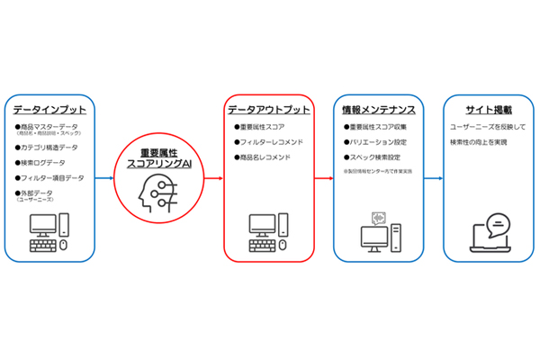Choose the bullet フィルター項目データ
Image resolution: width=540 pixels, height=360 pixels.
pos(52,178)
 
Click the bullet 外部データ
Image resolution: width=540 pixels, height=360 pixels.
pos(37,193)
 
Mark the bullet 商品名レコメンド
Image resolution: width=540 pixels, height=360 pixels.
pos(265,157)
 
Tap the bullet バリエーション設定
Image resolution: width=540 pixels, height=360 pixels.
pos(374,141)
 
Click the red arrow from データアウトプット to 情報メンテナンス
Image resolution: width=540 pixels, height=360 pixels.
pos(323,177)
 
